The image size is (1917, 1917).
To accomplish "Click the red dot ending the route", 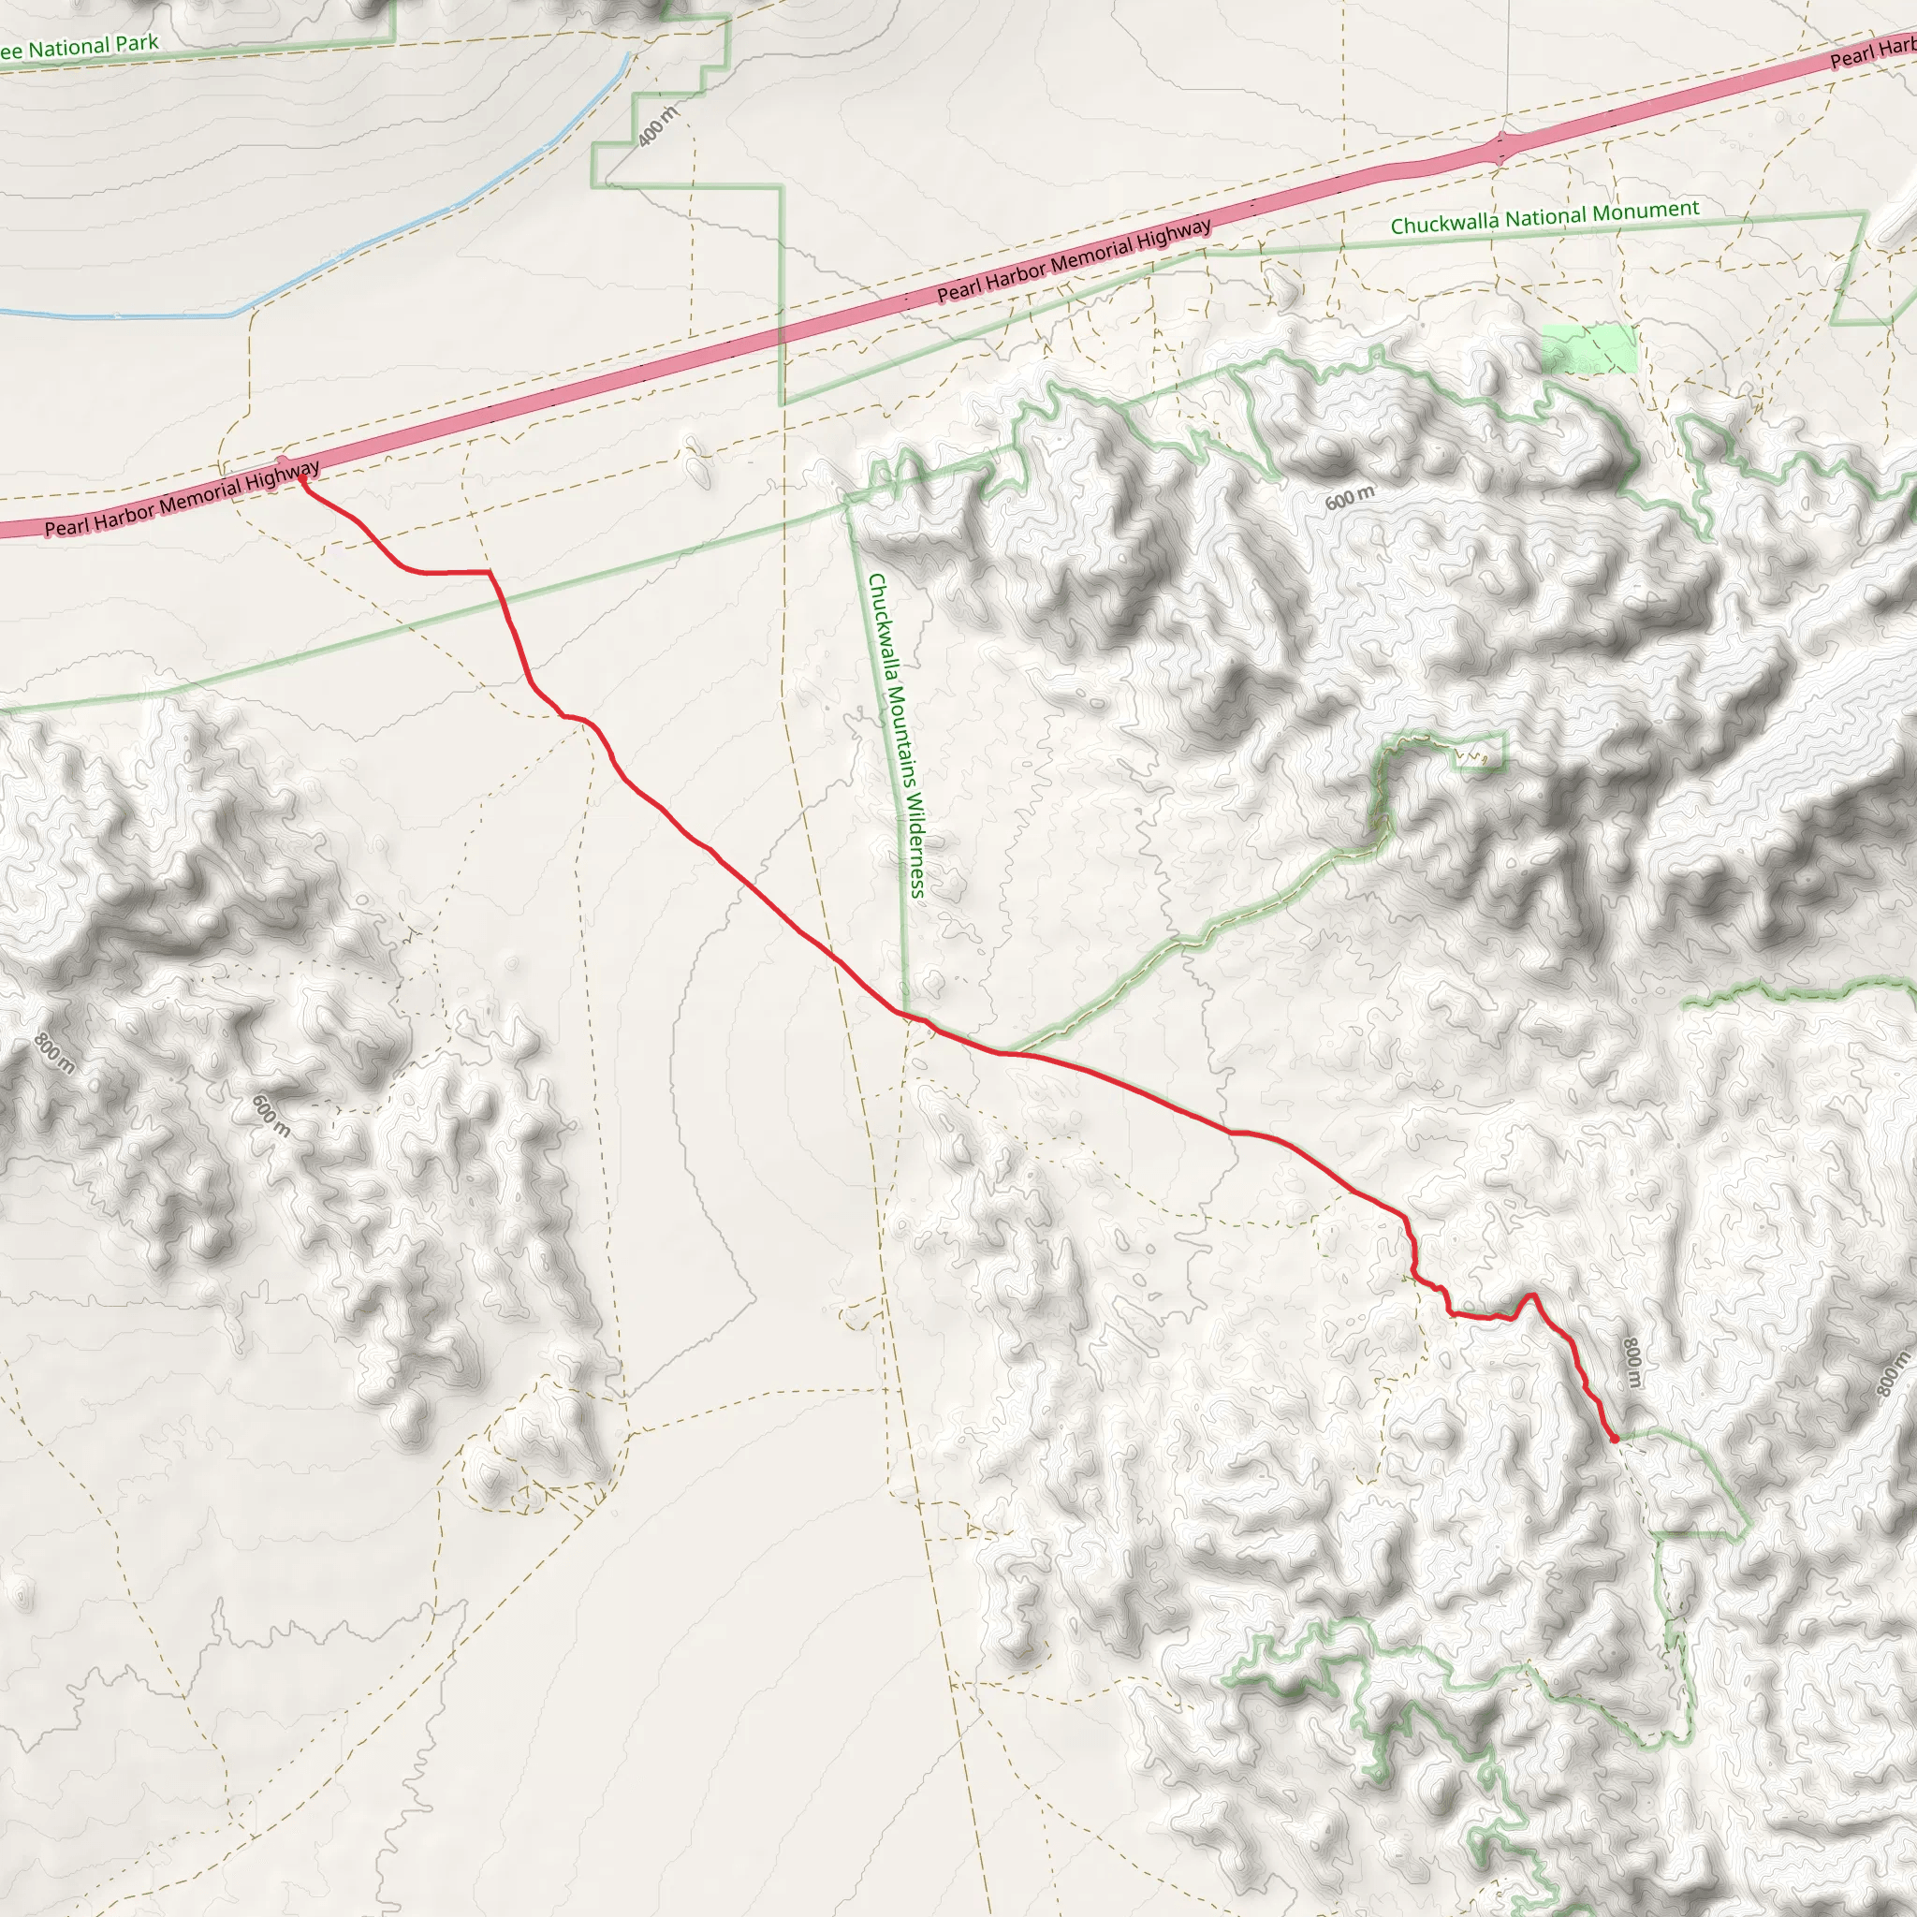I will (x=1615, y=1438).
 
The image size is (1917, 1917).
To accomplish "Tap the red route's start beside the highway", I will (x=300, y=482).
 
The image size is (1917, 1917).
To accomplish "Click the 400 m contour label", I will (x=658, y=126).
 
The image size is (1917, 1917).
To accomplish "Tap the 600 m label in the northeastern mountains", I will (x=1351, y=497).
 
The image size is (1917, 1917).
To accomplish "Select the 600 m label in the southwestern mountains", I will (x=271, y=1115).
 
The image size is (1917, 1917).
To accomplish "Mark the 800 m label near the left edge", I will (x=54, y=1053).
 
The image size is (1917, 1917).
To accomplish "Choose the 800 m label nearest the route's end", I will (x=1632, y=1363).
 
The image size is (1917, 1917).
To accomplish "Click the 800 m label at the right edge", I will (x=1892, y=1375).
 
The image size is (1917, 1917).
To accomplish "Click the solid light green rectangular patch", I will (x=1588, y=348).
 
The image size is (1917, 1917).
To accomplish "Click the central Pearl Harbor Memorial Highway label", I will (x=1074, y=260).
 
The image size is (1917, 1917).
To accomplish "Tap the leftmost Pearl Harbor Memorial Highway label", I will (x=183, y=498).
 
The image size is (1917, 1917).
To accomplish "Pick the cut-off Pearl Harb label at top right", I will (x=1871, y=53).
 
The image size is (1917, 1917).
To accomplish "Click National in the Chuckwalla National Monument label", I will (x=1544, y=217).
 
